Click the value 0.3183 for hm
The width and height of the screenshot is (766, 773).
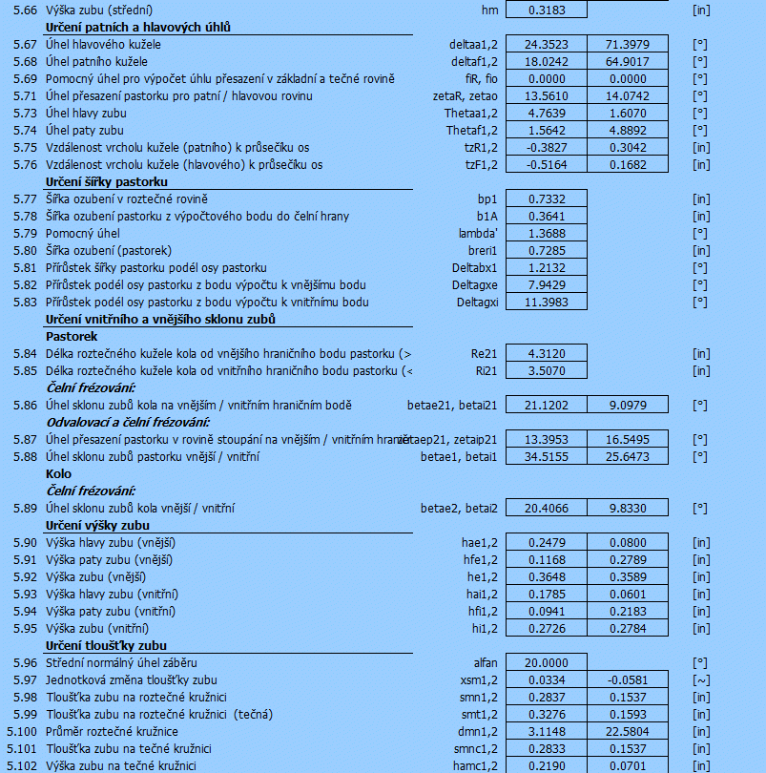pos(546,10)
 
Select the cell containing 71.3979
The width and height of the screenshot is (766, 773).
pos(627,45)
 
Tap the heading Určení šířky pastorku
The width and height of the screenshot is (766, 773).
pos(107,181)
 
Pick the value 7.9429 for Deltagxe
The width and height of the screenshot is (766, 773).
pos(546,285)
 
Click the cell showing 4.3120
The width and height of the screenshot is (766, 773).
pos(546,354)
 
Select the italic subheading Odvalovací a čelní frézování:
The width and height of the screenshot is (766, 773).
pos(129,422)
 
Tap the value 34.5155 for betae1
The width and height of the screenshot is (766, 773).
pos(546,456)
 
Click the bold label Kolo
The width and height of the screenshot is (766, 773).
pos(58,473)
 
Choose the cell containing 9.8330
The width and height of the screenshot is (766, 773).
pos(627,508)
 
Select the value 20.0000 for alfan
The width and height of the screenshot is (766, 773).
pos(546,662)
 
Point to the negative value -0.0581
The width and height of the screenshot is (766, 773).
pos(627,679)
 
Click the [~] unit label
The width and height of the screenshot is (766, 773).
pos(701,679)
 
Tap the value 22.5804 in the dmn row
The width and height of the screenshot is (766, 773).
pos(627,731)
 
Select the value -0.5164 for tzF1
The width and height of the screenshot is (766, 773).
pos(546,165)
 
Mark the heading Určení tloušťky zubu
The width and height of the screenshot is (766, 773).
pos(106,645)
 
